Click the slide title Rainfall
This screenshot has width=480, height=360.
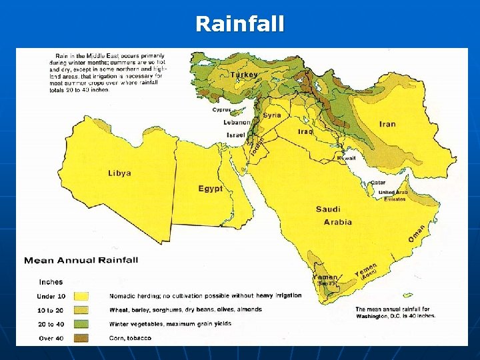pyautogui.click(x=239, y=24)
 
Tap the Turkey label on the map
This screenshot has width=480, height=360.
pyautogui.click(x=244, y=75)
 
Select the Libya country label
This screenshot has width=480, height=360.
pyautogui.click(x=119, y=173)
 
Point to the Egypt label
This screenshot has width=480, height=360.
pyautogui.click(x=210, y=189)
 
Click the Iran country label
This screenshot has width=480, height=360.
pyautogui.click(x=387, y=124)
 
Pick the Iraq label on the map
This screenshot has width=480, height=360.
pyautogui.click(x=305, y=131)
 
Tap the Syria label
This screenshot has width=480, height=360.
pyautogui.click(x=271, y=115)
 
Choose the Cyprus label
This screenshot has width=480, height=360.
pyautogui.click(x=222, y=109)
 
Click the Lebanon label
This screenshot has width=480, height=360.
pyautogui.click(x=237, y=123)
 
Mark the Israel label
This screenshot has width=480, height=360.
pyautogui.click(x=236, y=135)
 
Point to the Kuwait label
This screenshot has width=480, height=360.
pyautogui.click(x=346, y=158)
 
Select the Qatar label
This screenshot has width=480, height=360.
pyautogui.click(x=378, y=182)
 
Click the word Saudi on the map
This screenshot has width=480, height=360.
pyautogui.click(x=328, y=209)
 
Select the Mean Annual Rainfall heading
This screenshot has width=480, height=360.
pyautogui.click(x=81, y=260)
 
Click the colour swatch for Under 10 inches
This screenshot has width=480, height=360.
pyautogui.click(x=81, y=296)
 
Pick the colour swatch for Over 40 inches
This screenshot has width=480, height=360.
pyautogui.click(x=81, y=338)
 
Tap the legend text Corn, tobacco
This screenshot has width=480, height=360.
pyautogui.click(x=130, y=338)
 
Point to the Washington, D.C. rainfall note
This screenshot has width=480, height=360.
pyautogui.click(x=395, y=313)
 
